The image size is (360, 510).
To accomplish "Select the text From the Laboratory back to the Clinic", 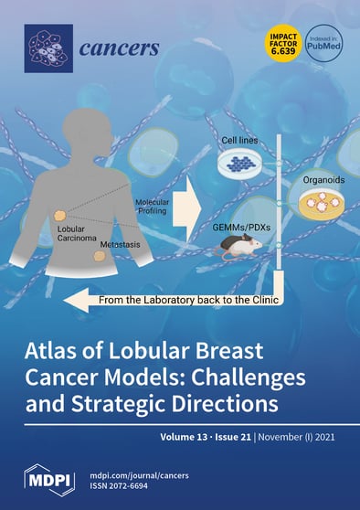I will pyautogui.click(x=174, y=297).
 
